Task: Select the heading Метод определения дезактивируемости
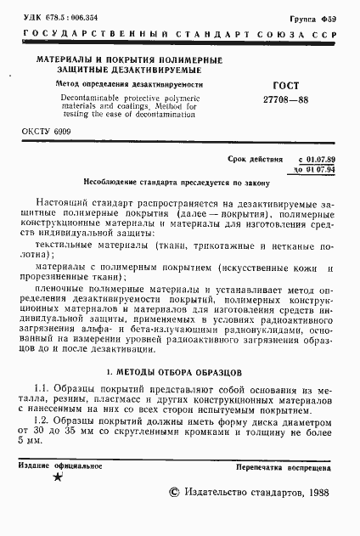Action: point(104,86)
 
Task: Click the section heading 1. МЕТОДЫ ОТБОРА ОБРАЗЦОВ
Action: point(177,372)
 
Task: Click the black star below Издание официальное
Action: point(58,478)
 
